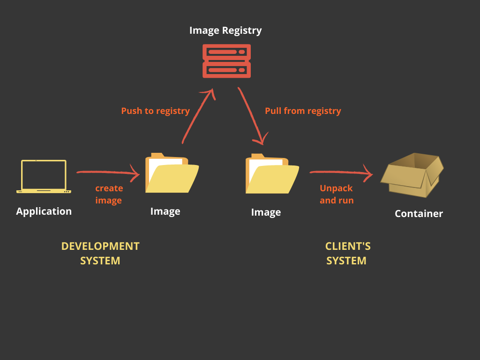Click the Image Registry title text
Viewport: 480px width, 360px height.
click(x=225, y=30)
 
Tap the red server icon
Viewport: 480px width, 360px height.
click(x=226, y=61)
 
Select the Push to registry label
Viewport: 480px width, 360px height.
click(x=155, y=111)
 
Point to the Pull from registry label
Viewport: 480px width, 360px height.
click(x=303, y=111)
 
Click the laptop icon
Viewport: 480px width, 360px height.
click(x=44, y=176)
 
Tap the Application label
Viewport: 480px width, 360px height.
click(x=44, y=211)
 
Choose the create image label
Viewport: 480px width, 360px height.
click(x=109, y=194)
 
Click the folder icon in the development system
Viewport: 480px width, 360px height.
click(x=172, y=173)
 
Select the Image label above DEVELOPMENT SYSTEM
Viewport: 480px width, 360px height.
click(x=165, y=211)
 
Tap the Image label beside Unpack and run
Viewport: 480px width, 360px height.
click(x=266, y=212)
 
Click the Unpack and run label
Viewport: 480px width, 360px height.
click(x=337, y=194)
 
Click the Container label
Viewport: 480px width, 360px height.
click(x=419, y=214)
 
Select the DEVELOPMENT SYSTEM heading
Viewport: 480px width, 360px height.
click(x=100, y=253)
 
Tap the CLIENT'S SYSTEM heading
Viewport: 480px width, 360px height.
click(x=347, y=253)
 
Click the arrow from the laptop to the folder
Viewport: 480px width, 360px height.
click(x=108, y=173)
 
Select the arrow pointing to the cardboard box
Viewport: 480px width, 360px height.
click(x=340, y=173)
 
